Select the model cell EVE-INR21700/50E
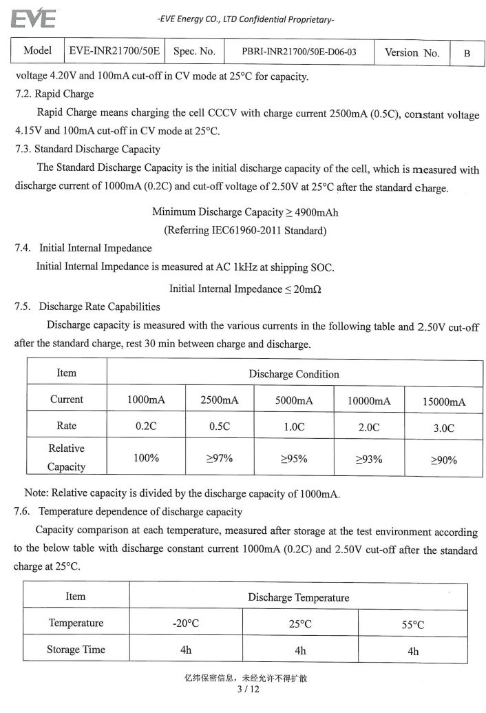tap(114, 51)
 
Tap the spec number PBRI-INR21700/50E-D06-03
tap(299, 52)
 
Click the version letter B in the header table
tap(467, 53)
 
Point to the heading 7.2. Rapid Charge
tap(54, 94)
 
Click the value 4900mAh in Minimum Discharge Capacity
tap(316, 212)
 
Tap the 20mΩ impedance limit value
tap(307, 289)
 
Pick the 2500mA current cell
tap(220, 400)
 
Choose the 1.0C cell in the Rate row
tap(294, 427)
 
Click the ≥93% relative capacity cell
tap(368, 459)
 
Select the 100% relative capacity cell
tap(146, 457)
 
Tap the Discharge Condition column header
tap(294, 374)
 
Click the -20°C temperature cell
tap(186, 624)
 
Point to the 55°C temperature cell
tap(412, 625)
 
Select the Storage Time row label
tap(76, 650)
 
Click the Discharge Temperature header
tap(298, 597)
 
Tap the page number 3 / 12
tap(247, 689)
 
